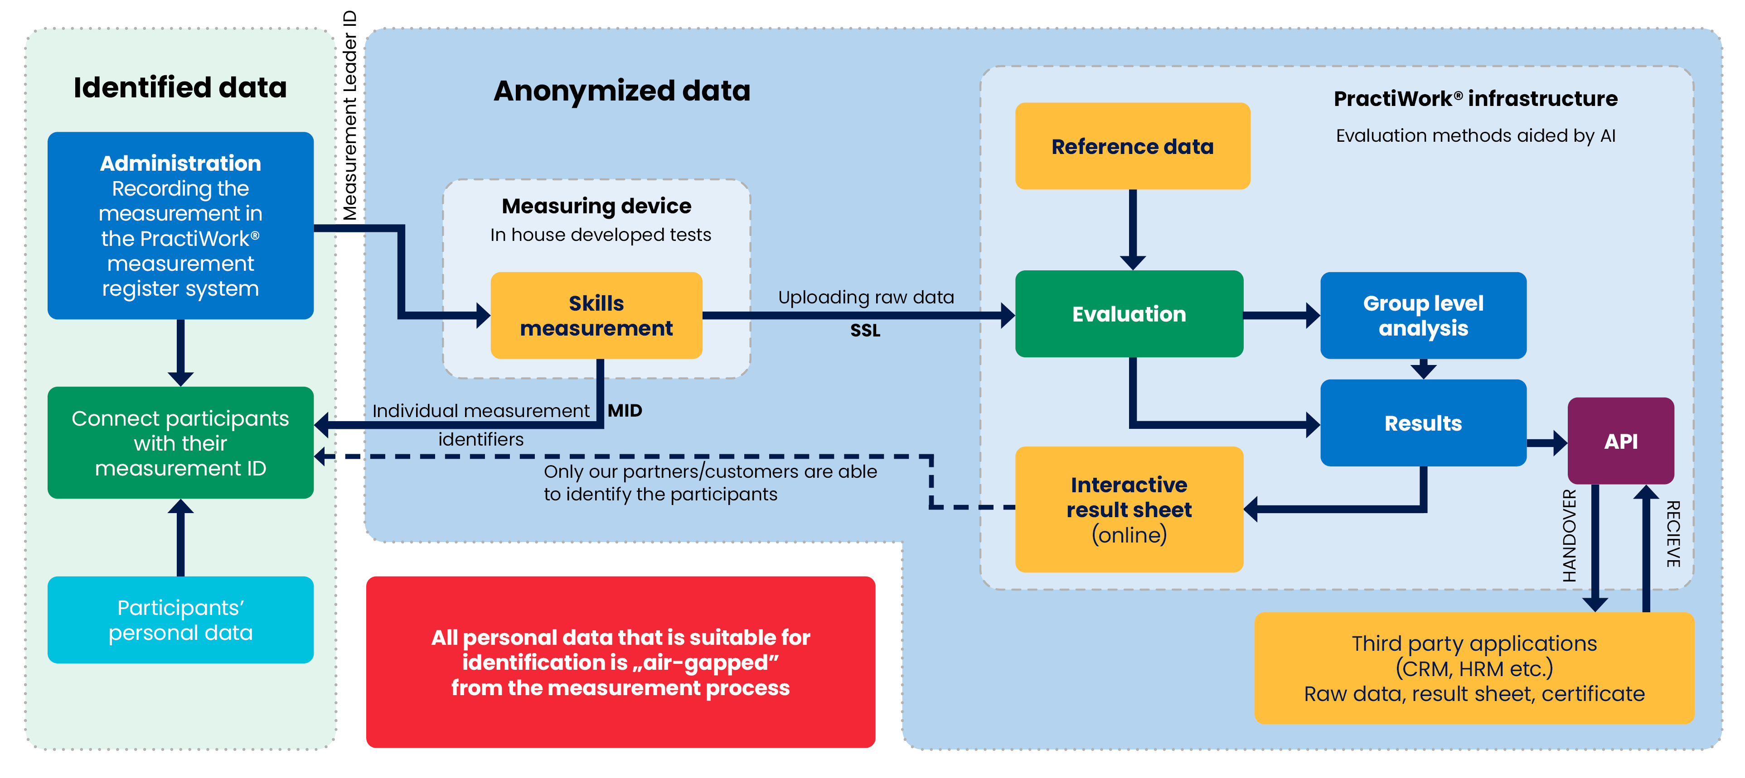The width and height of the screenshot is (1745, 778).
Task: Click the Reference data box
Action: coord(1132,146)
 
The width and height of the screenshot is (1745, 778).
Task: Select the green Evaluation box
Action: coord(1129,314)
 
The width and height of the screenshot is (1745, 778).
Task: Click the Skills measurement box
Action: coord(596,316)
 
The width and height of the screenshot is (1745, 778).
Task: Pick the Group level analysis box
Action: coord(1423,316)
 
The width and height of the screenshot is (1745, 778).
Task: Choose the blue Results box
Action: coord(1423,423)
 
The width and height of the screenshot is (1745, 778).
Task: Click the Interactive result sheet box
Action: coord(1129,509)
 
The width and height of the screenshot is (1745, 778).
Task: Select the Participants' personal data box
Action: coord(180,620)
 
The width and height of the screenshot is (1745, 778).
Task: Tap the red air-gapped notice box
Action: coord(620,662)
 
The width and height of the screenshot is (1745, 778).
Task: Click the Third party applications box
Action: coord(1474,668)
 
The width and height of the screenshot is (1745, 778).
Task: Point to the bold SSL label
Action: coord(865,331)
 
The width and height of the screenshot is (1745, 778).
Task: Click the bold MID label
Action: coord(625,410)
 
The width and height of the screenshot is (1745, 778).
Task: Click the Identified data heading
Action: coord(180,88)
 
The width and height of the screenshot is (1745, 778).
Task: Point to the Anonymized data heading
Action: coord(622,91)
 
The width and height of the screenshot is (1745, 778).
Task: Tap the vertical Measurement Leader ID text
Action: coord(349,115)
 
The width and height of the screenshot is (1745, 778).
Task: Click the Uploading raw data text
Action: coord(866,297)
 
